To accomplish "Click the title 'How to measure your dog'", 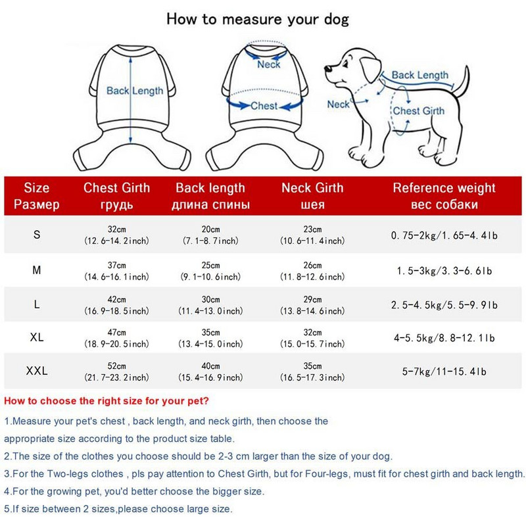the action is tap(258, 20).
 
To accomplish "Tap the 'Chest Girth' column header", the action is tap(116, 196).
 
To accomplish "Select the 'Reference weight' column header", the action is tap(444, 196).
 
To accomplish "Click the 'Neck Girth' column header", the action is tap(312, 196).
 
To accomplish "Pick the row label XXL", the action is tap(37, 371).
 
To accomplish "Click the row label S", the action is tap(37, 235).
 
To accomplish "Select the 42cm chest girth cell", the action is tap(116, 305).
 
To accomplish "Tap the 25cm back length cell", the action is tap(210, 271).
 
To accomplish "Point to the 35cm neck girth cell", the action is tap(312, 371).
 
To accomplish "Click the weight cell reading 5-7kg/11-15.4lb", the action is tap(444, 371).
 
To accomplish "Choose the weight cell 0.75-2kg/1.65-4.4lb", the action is tap(444, 235).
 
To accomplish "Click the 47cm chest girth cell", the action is tap(116, 338).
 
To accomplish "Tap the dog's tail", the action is tap(462, 82).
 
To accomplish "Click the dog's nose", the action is tap(327, 68).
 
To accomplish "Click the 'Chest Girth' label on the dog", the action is tap(419, 110).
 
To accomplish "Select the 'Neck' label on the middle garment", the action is tap(268, 64).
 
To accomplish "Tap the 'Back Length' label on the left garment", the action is tap(135, 91).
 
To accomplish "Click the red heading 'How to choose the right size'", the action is tap(107, 401).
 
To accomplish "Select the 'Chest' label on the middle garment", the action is tap(264, 106).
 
